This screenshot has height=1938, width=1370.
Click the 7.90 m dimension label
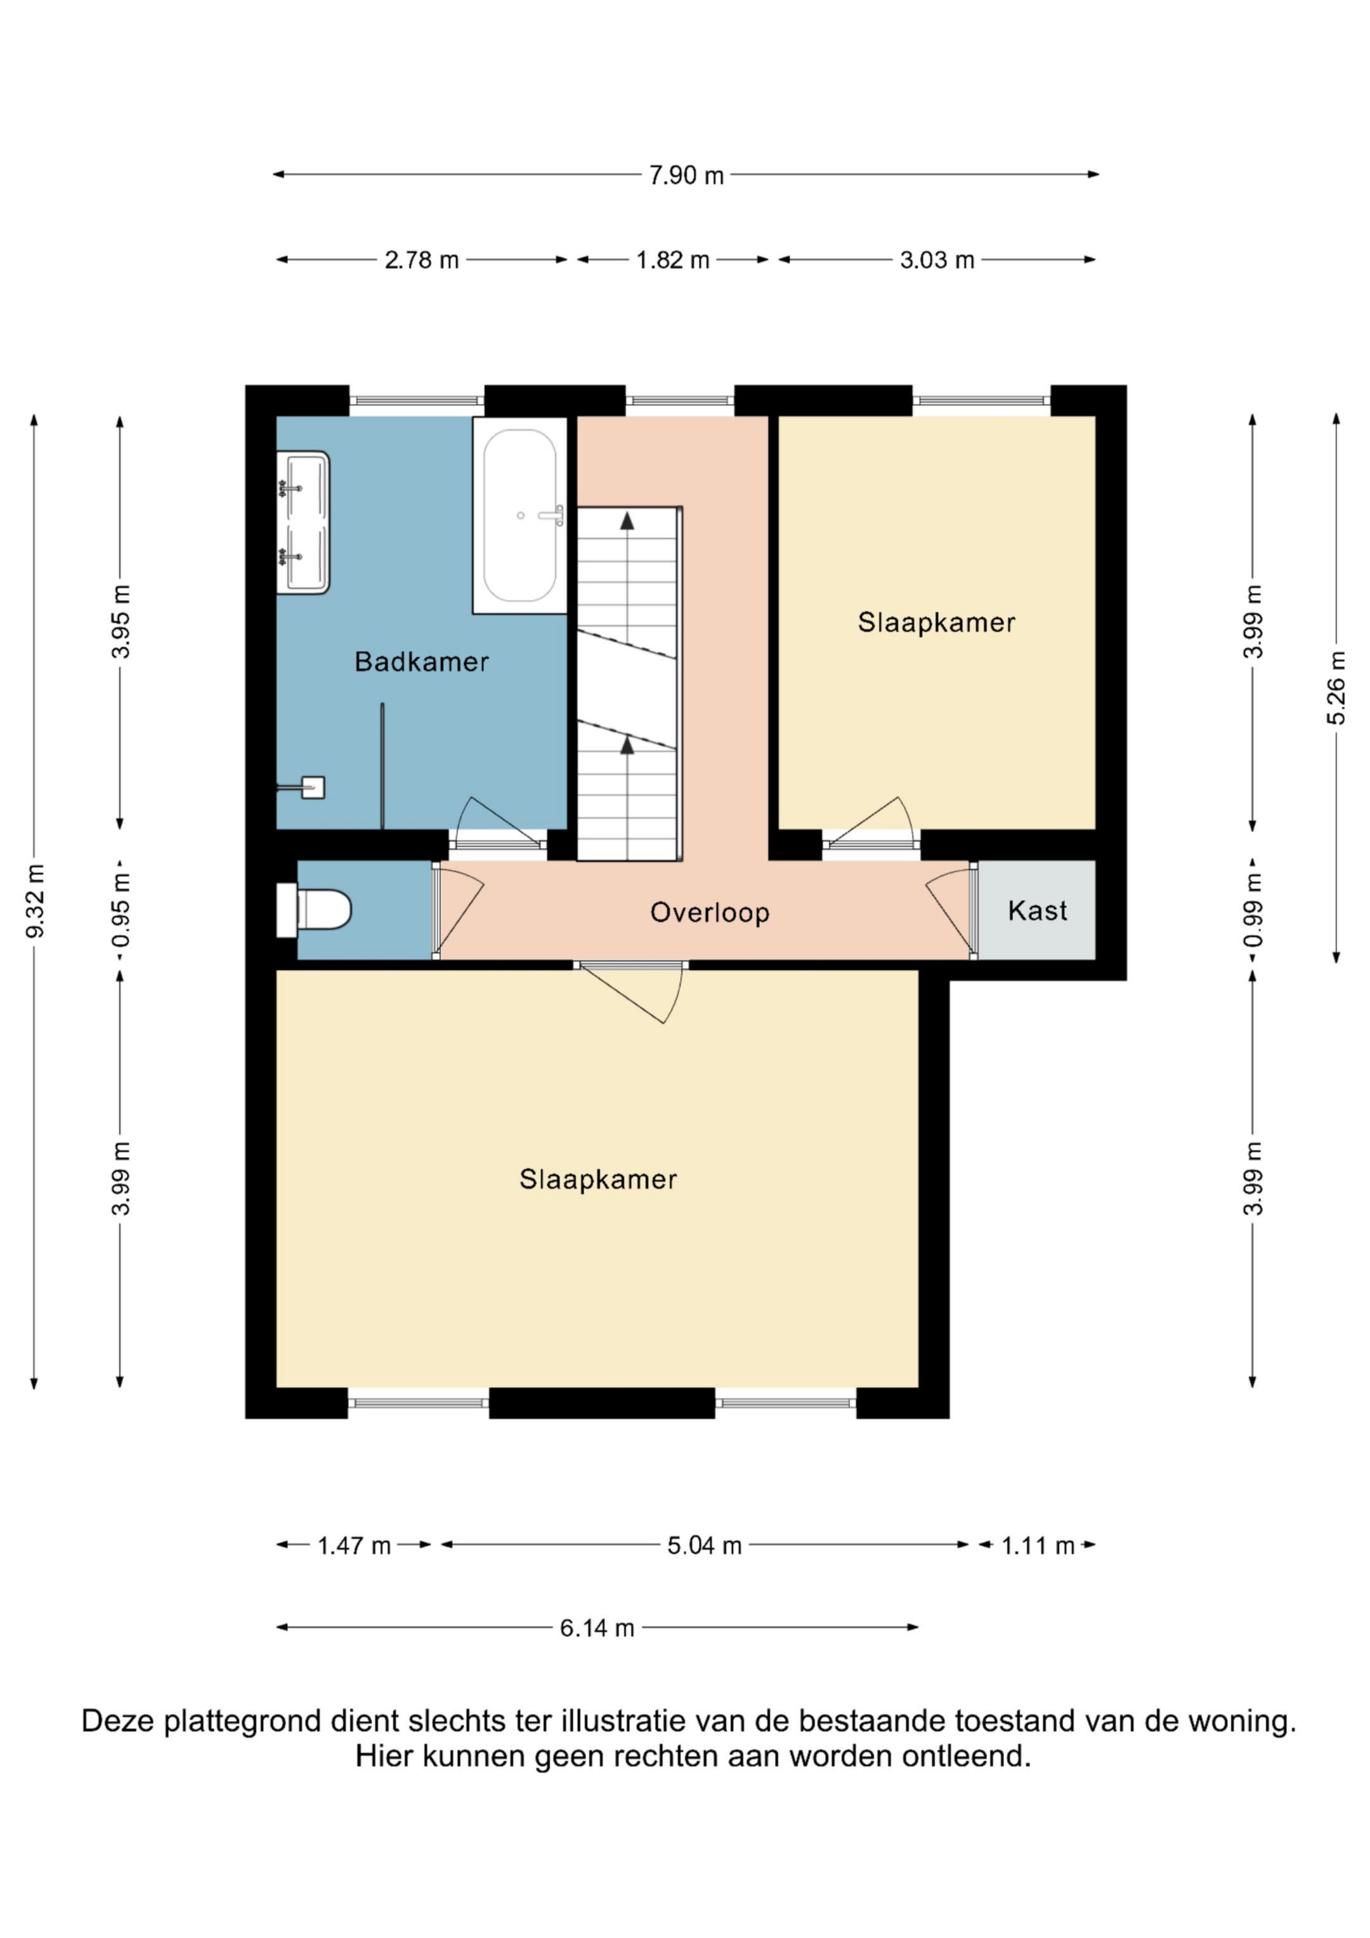(x=686, y=174)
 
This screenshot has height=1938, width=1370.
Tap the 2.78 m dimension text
(x=421, y=260)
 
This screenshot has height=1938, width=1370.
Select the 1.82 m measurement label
(x=673, y=260)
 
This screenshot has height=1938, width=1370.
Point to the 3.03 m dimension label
(x=937, y=260)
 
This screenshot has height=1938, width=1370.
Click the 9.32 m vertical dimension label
(x=36, y=901)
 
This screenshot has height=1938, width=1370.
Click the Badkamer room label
(x=421, y=662)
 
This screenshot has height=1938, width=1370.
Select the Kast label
(x=1038, y=911)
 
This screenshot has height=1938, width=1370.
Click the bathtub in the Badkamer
(x=520, y=515)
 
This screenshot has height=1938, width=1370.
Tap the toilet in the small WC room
(x=313, y=910)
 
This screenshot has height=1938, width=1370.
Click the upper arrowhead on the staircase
(x=627, y=521)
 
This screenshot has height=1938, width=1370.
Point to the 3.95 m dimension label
(x=122, y=621)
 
